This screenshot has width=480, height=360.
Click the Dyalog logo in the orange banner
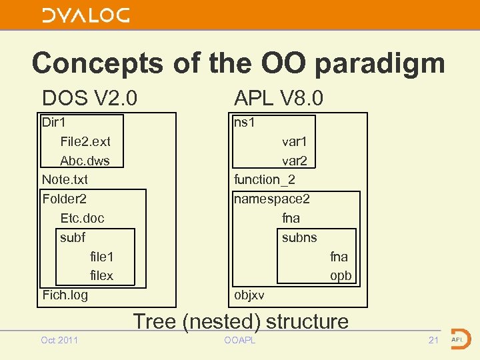click(86, 15)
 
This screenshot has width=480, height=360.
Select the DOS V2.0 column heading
click(89, 99)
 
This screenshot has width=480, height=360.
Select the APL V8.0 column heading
click(278, 99)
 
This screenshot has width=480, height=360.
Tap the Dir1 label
click(53, 123)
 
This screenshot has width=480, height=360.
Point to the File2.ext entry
click(85, 141)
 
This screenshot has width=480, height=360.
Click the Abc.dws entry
click(85, 161)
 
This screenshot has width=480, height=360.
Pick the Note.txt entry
click(65, 179)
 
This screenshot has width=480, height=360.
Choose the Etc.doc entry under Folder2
click(82, 218)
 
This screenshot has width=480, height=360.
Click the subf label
click(73, 237)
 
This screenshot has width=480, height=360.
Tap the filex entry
click(101, 275)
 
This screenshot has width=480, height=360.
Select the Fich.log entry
click(65, 295)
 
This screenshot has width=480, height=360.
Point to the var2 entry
click(294, 161)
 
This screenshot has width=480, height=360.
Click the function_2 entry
click(265, 179)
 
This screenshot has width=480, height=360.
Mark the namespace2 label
click(271, 199)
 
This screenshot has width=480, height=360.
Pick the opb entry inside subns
click(340, 275)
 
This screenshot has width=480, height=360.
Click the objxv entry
click(249, 295)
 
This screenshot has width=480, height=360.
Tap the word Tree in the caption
click(155, 321)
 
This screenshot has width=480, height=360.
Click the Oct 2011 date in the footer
click(59, 341)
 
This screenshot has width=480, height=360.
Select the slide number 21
click(433, 341)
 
